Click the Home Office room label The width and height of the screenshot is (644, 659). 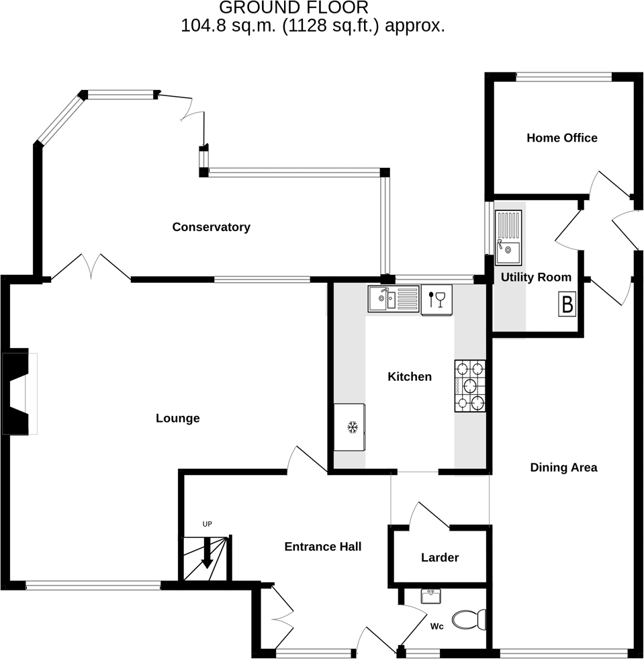[x=561, y=138]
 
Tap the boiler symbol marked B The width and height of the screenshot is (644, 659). [x=567, y=305]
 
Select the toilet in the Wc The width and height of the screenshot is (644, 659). [x=469, y=619]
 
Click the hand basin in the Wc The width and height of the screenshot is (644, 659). [x=430, y=596]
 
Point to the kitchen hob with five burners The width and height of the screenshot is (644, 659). [x=470, y=386]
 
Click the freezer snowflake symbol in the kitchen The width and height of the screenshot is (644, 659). [x=351, y=427]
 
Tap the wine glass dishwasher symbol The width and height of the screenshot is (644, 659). [x=436, y=299]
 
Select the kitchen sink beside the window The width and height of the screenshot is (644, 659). [x=392, y=299]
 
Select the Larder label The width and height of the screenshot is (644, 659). [x=440, y=558]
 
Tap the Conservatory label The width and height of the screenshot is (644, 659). [x=211, y=227]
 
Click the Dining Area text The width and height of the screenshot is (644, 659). [x=563, y=468]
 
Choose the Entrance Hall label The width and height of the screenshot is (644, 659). [x=322, y=547]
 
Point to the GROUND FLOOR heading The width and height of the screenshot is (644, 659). [x=293, y=8]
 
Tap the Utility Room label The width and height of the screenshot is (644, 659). [x=536, y=277]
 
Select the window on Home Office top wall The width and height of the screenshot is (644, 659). [x=563, y=77]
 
